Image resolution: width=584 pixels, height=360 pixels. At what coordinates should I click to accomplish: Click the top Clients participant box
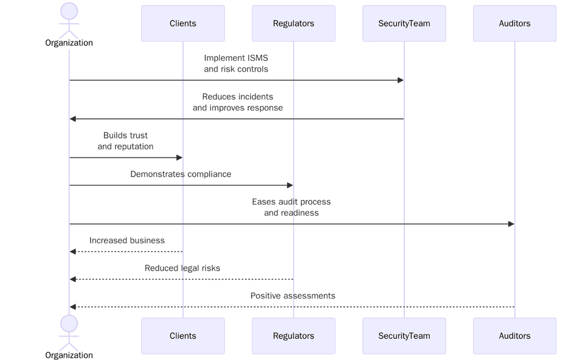[183, 23]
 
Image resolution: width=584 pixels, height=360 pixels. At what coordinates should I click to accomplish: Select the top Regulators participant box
[293, 23]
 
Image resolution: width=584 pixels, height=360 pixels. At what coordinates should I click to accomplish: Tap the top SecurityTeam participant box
[404, 23]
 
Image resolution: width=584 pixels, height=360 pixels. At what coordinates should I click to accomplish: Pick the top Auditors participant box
[514, 23]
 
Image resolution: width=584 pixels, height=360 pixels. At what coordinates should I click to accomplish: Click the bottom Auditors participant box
[514, 335]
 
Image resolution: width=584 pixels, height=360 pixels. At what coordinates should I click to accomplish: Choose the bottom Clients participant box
[183, 335]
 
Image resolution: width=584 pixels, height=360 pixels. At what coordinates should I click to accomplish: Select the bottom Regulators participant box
[293, 335]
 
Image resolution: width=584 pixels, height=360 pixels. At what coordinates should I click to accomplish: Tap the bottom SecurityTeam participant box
[404, 335]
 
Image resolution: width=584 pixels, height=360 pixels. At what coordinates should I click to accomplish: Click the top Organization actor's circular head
[69, 11]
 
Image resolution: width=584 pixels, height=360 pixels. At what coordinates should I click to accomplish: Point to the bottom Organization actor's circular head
[69, 324]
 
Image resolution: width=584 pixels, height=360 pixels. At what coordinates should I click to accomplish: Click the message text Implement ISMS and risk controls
[236, 64]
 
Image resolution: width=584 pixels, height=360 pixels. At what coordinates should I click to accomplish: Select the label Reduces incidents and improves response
[237, 102]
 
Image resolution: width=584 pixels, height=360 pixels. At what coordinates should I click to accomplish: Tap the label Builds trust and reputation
[125, 141]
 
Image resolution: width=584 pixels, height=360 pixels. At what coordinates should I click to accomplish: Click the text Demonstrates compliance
[180, 174]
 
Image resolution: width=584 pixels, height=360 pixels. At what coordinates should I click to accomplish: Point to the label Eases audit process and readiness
[291, 207]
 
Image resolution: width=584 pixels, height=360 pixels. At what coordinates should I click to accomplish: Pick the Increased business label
[127, 241]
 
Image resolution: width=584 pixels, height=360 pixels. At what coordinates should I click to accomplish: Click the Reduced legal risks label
[182, 268]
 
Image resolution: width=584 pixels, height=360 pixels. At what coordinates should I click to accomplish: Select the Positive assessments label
[293, 296]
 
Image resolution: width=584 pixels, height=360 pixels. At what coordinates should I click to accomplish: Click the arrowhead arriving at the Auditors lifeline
[511, 224]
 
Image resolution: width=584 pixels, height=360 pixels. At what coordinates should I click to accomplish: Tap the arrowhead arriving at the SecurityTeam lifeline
[400, 80]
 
